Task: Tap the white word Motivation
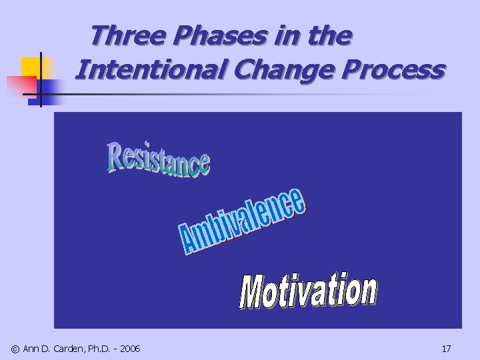(x=308, y=292)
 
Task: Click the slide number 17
(x=446, y=348)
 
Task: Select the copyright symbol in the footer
(x=15, y=348)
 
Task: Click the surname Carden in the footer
(x=70, y=348)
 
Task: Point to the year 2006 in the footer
(x=129, y=348)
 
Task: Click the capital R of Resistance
(x=114, y=155)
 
